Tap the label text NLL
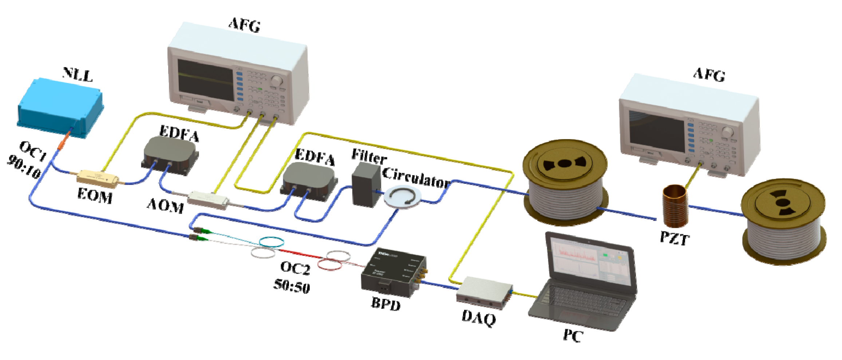77,75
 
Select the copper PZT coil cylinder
675,206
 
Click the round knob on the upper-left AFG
276,80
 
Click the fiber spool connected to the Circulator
565,182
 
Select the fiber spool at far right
783,222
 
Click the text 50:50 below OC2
292,286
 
